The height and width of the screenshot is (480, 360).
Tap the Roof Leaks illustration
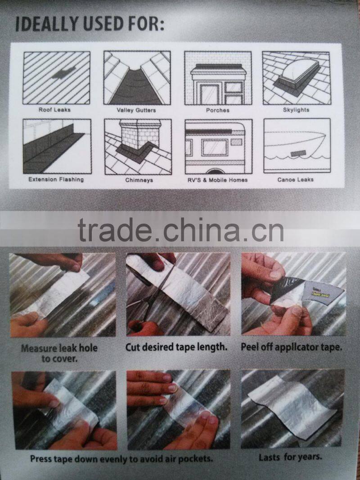tap(57, 78)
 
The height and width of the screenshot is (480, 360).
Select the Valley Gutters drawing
tap(137, 78)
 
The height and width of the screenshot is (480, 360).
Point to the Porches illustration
tap(218, 78)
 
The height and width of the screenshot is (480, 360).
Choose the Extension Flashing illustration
tap(57, 146)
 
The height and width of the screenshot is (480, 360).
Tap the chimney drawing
tap(138, 146)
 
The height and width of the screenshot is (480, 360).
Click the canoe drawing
tap(297, 146)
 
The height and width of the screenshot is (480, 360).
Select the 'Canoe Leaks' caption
tap(296, 180)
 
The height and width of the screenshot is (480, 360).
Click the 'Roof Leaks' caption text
tap(54, 110)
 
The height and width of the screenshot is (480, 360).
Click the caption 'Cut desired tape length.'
tap(176, 347)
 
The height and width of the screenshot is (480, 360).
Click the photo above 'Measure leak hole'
tap(63, 295)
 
